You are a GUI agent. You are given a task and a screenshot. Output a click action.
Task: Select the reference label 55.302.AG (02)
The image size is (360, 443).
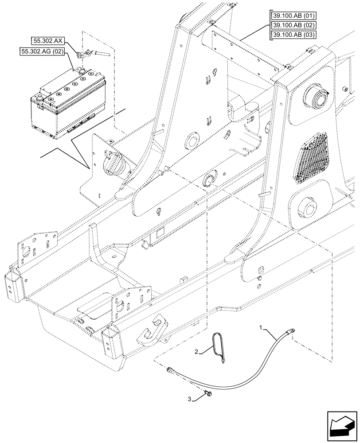pyautogui.click(x=42, y=52)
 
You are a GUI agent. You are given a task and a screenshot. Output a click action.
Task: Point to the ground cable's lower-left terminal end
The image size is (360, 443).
pyautogui.click(x=170, y=369)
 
